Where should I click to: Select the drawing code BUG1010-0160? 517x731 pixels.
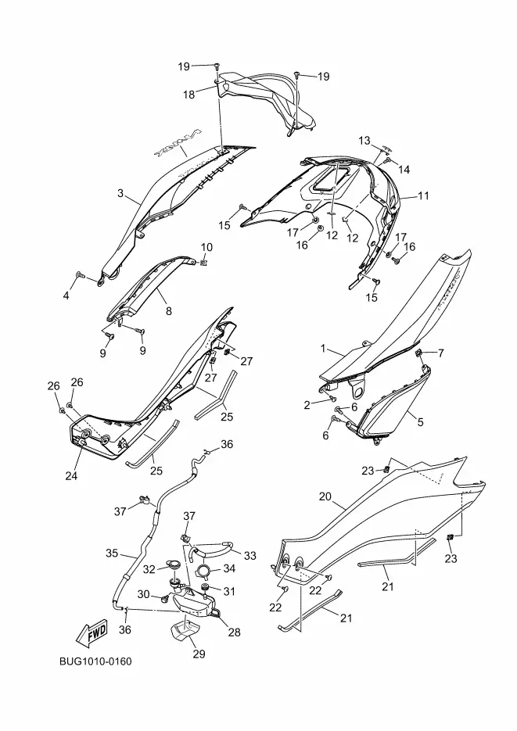tap(95, 662)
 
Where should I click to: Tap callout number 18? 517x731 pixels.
tap(188, 95)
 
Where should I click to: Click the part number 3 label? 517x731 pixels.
tap(120, 193)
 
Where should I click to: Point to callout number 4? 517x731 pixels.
tap(66, 296)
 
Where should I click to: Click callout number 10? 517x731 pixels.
tap(207, 247)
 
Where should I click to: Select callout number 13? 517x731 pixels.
tap(364, 140)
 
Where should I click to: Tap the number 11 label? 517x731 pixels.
tap(422, 195)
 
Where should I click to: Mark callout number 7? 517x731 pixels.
tap(440, 353)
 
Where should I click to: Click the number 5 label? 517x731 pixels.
tap(420, 422)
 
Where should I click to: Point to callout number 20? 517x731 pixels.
tap(325, 496)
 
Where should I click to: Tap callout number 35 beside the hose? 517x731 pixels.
tap(112, 553)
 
